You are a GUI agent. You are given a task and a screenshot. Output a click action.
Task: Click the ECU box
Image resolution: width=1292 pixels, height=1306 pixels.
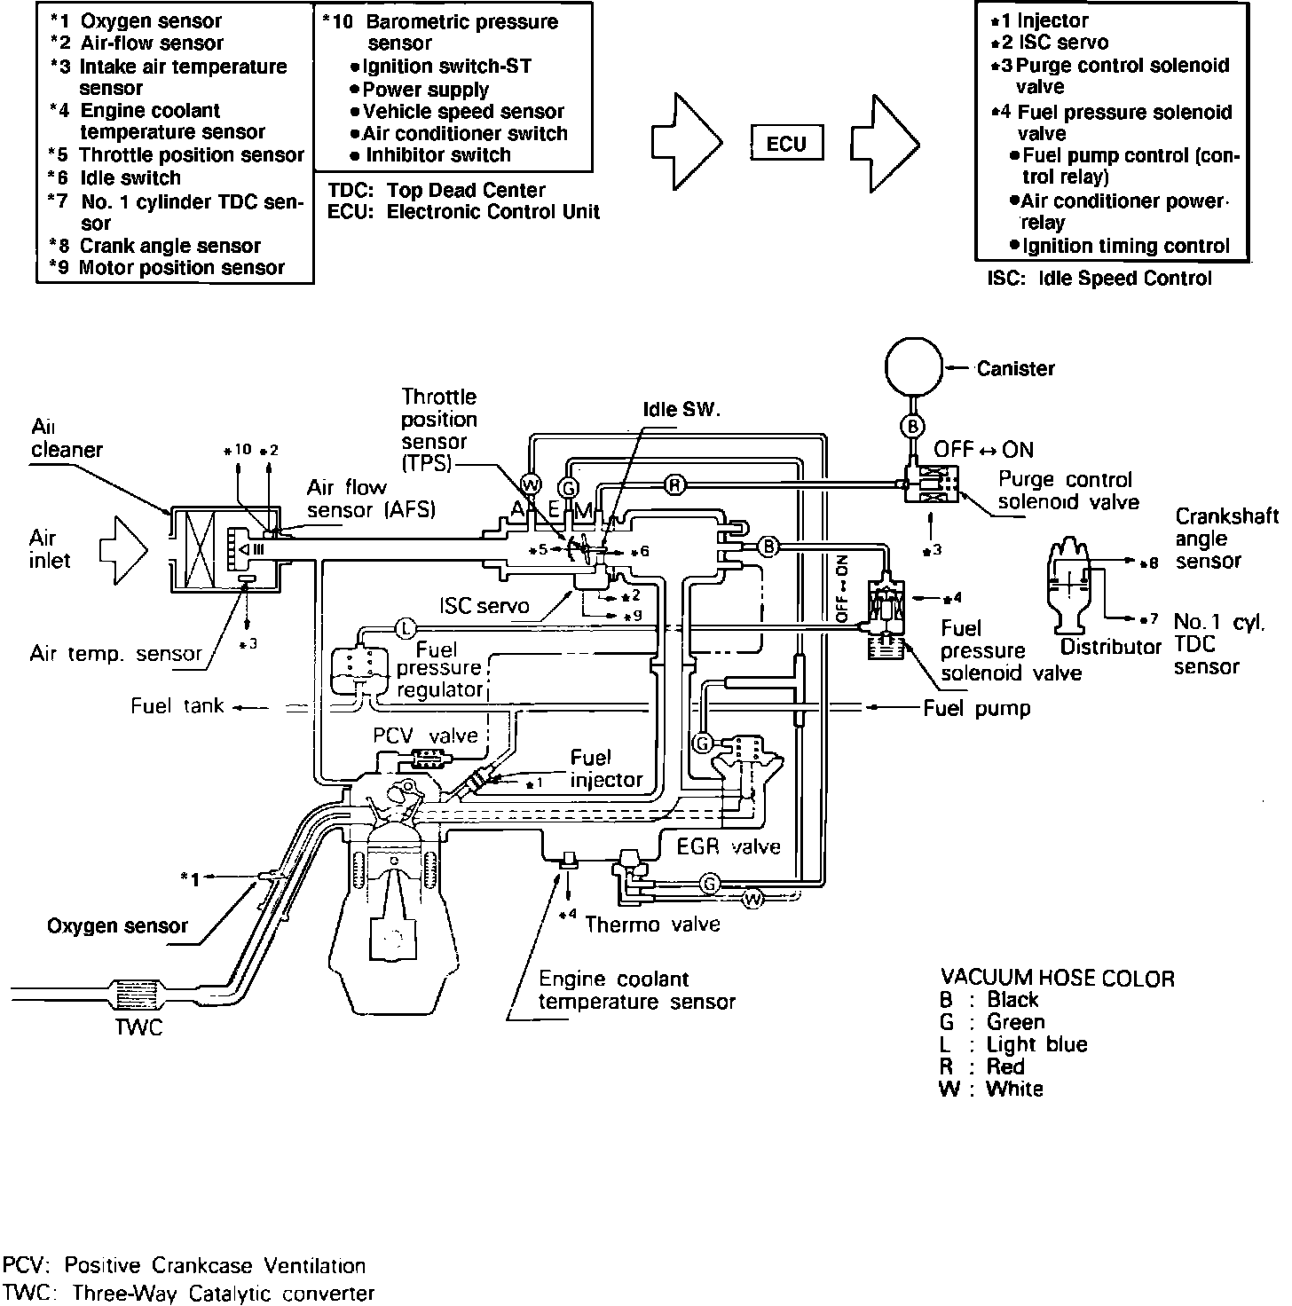point(785,144)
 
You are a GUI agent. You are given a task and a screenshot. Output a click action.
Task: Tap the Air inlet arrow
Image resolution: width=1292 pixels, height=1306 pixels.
point(122,550)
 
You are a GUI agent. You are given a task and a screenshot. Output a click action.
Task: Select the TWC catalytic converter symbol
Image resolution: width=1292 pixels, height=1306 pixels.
point(136,993)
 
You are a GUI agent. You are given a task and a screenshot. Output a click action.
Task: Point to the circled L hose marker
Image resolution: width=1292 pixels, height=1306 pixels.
point(403,628)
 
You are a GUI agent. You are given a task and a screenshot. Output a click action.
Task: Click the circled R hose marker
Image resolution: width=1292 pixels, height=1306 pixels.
point(675,484)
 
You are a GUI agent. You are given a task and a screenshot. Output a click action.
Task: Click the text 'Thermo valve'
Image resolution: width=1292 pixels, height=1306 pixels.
point(652,924)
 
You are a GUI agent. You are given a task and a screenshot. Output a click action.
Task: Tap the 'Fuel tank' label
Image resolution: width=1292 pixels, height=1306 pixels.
point(177,706)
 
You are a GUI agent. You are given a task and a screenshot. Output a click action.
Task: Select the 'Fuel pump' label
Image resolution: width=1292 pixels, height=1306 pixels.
point(977,708)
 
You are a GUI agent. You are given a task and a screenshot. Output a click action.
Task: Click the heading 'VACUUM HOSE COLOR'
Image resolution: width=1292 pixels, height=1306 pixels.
point(1057,979)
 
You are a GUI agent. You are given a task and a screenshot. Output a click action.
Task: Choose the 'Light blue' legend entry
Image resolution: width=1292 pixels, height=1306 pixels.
point(1036,1044)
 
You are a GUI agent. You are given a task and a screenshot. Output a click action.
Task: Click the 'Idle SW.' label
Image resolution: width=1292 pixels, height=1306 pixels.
point(681,411)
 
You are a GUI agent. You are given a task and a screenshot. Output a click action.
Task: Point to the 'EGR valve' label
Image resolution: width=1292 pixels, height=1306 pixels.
point(729,846)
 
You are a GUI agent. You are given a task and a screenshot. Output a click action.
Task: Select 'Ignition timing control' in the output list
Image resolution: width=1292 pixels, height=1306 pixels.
point(1125,246)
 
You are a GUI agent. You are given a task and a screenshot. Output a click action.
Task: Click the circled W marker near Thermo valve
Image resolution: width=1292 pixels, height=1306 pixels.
point(752,900)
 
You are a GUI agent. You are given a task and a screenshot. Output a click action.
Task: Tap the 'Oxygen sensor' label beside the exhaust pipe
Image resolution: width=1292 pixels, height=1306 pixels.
point(117,926)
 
